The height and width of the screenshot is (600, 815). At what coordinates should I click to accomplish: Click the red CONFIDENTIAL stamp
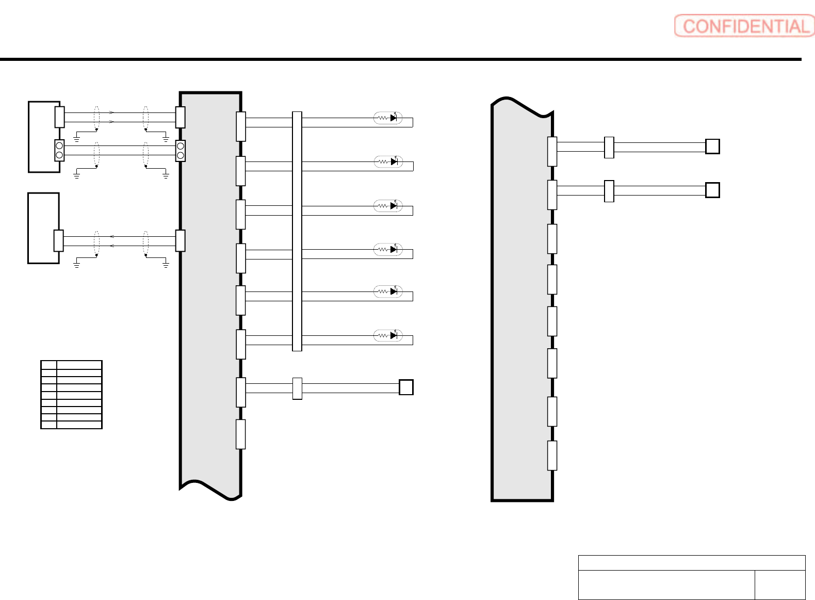tap(744, 26)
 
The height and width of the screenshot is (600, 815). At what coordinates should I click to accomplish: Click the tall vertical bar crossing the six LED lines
tap(297, 231)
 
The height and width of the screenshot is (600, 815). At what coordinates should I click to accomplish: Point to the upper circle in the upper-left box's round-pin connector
tap(59, 146)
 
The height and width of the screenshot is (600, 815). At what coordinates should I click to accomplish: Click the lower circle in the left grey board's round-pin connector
tap(181, 155)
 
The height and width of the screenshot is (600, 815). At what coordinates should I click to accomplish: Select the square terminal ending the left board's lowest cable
tap(406, 387)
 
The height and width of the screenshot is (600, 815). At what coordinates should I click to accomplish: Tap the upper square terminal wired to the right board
tap(712, 147)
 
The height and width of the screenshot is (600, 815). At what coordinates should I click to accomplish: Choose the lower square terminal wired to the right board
tap(712, 190)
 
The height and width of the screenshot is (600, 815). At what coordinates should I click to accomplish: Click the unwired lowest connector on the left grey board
tap(240, 434)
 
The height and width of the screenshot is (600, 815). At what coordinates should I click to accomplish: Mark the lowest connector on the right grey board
tap(552, 456)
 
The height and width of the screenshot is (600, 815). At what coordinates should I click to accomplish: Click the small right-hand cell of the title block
tap(779, 585)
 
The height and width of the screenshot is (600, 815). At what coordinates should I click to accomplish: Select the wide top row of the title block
tap(691, 563)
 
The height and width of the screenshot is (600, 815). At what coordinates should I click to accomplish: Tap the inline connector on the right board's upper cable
tap(609, 148)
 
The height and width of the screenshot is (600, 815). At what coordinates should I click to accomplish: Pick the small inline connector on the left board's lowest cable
tap(297, 388)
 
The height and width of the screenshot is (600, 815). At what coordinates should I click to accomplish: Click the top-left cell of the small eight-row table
tap(48, 365)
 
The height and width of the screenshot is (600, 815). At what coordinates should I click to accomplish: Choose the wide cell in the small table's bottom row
tap(79, 425)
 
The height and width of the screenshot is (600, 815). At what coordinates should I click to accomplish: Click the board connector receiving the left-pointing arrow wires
tap(180, 240)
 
